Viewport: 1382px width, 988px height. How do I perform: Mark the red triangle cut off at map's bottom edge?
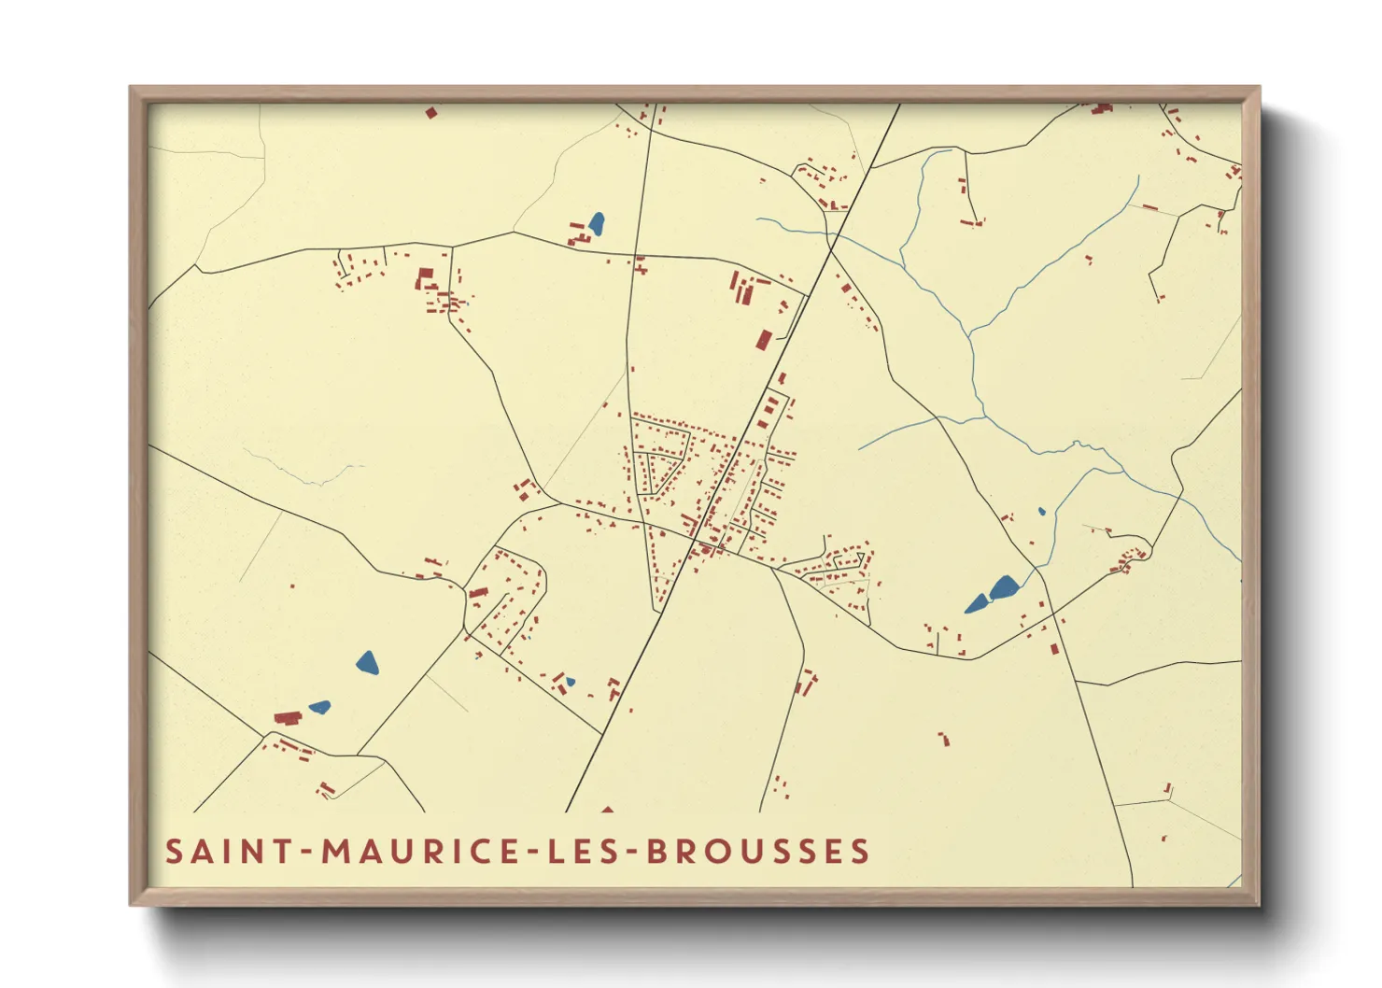608,810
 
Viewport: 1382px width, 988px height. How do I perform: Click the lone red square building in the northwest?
430,113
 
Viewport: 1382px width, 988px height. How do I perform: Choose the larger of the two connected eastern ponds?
1004,587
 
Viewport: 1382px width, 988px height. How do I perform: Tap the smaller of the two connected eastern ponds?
977,603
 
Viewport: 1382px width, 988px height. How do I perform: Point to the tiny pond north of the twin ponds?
1041,512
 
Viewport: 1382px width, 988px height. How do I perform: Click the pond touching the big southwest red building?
319,707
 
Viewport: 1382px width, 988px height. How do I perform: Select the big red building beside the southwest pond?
288,717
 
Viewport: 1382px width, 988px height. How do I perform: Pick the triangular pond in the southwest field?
367,663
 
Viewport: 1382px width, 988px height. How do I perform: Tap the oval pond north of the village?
596,224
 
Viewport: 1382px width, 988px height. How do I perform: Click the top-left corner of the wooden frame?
131,88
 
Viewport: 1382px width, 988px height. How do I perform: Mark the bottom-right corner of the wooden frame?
1259,904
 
